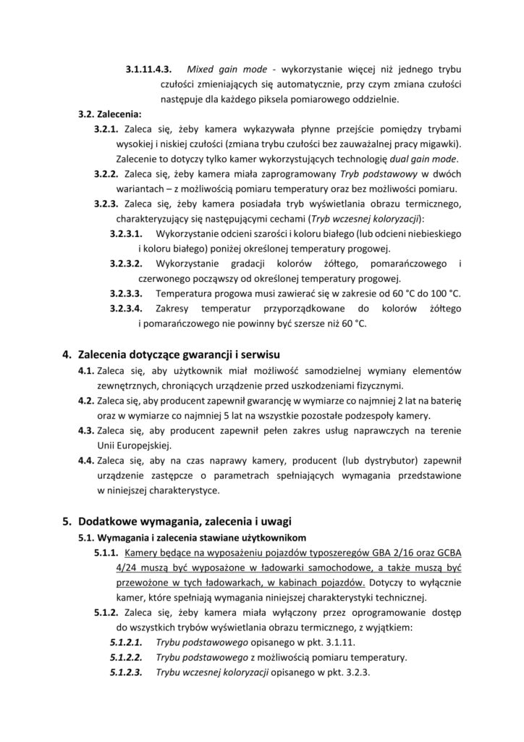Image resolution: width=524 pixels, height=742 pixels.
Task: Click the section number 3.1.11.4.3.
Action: [x=148, y=70]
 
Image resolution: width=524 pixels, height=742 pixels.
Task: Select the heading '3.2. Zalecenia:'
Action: [x=111, y=114]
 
